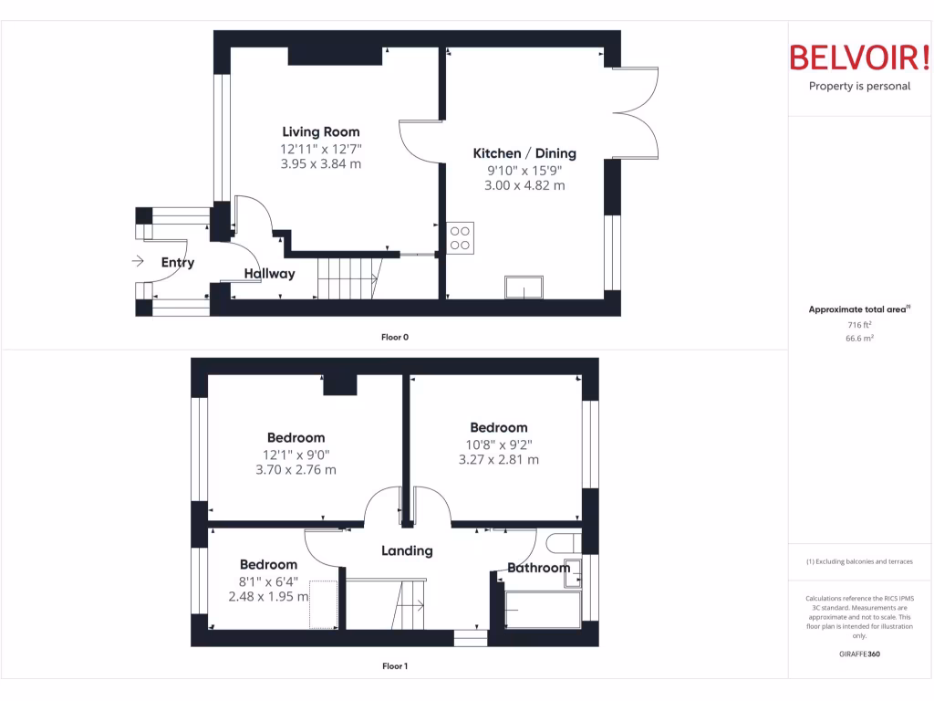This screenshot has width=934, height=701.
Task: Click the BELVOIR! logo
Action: coord(859,58)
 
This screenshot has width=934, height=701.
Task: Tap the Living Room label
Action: coord(320,131)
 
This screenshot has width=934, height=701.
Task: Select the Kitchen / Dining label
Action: coord(524,153)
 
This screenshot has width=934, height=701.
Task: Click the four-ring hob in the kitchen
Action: coord(461,237)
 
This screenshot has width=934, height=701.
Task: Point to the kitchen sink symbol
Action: coord(524,288)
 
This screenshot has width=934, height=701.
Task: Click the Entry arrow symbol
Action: coord(138,261)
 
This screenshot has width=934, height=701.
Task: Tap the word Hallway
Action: coord(269,274)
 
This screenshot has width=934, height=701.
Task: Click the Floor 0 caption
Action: coord(395,337)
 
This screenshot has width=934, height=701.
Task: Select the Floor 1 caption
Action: coord(395,666)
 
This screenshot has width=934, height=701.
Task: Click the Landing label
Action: coord(407,550)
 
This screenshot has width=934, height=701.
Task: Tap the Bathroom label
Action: coord(538,568)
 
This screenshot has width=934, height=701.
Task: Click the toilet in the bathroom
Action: coord(562,544)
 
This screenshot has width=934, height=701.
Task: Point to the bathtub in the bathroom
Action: coord(543,610)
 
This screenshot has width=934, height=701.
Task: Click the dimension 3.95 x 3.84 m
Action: coord(320,164)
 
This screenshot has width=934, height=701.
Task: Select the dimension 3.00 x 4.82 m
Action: coord(524,185)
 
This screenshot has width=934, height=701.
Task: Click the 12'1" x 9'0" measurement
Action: coord(296,455)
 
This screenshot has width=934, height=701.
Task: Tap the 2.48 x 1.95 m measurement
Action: coord(268,597)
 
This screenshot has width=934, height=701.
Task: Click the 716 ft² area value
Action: coord(859,325)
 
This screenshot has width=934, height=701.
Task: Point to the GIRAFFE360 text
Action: coord(859,654)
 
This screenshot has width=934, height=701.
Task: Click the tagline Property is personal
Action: coord(859,87)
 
